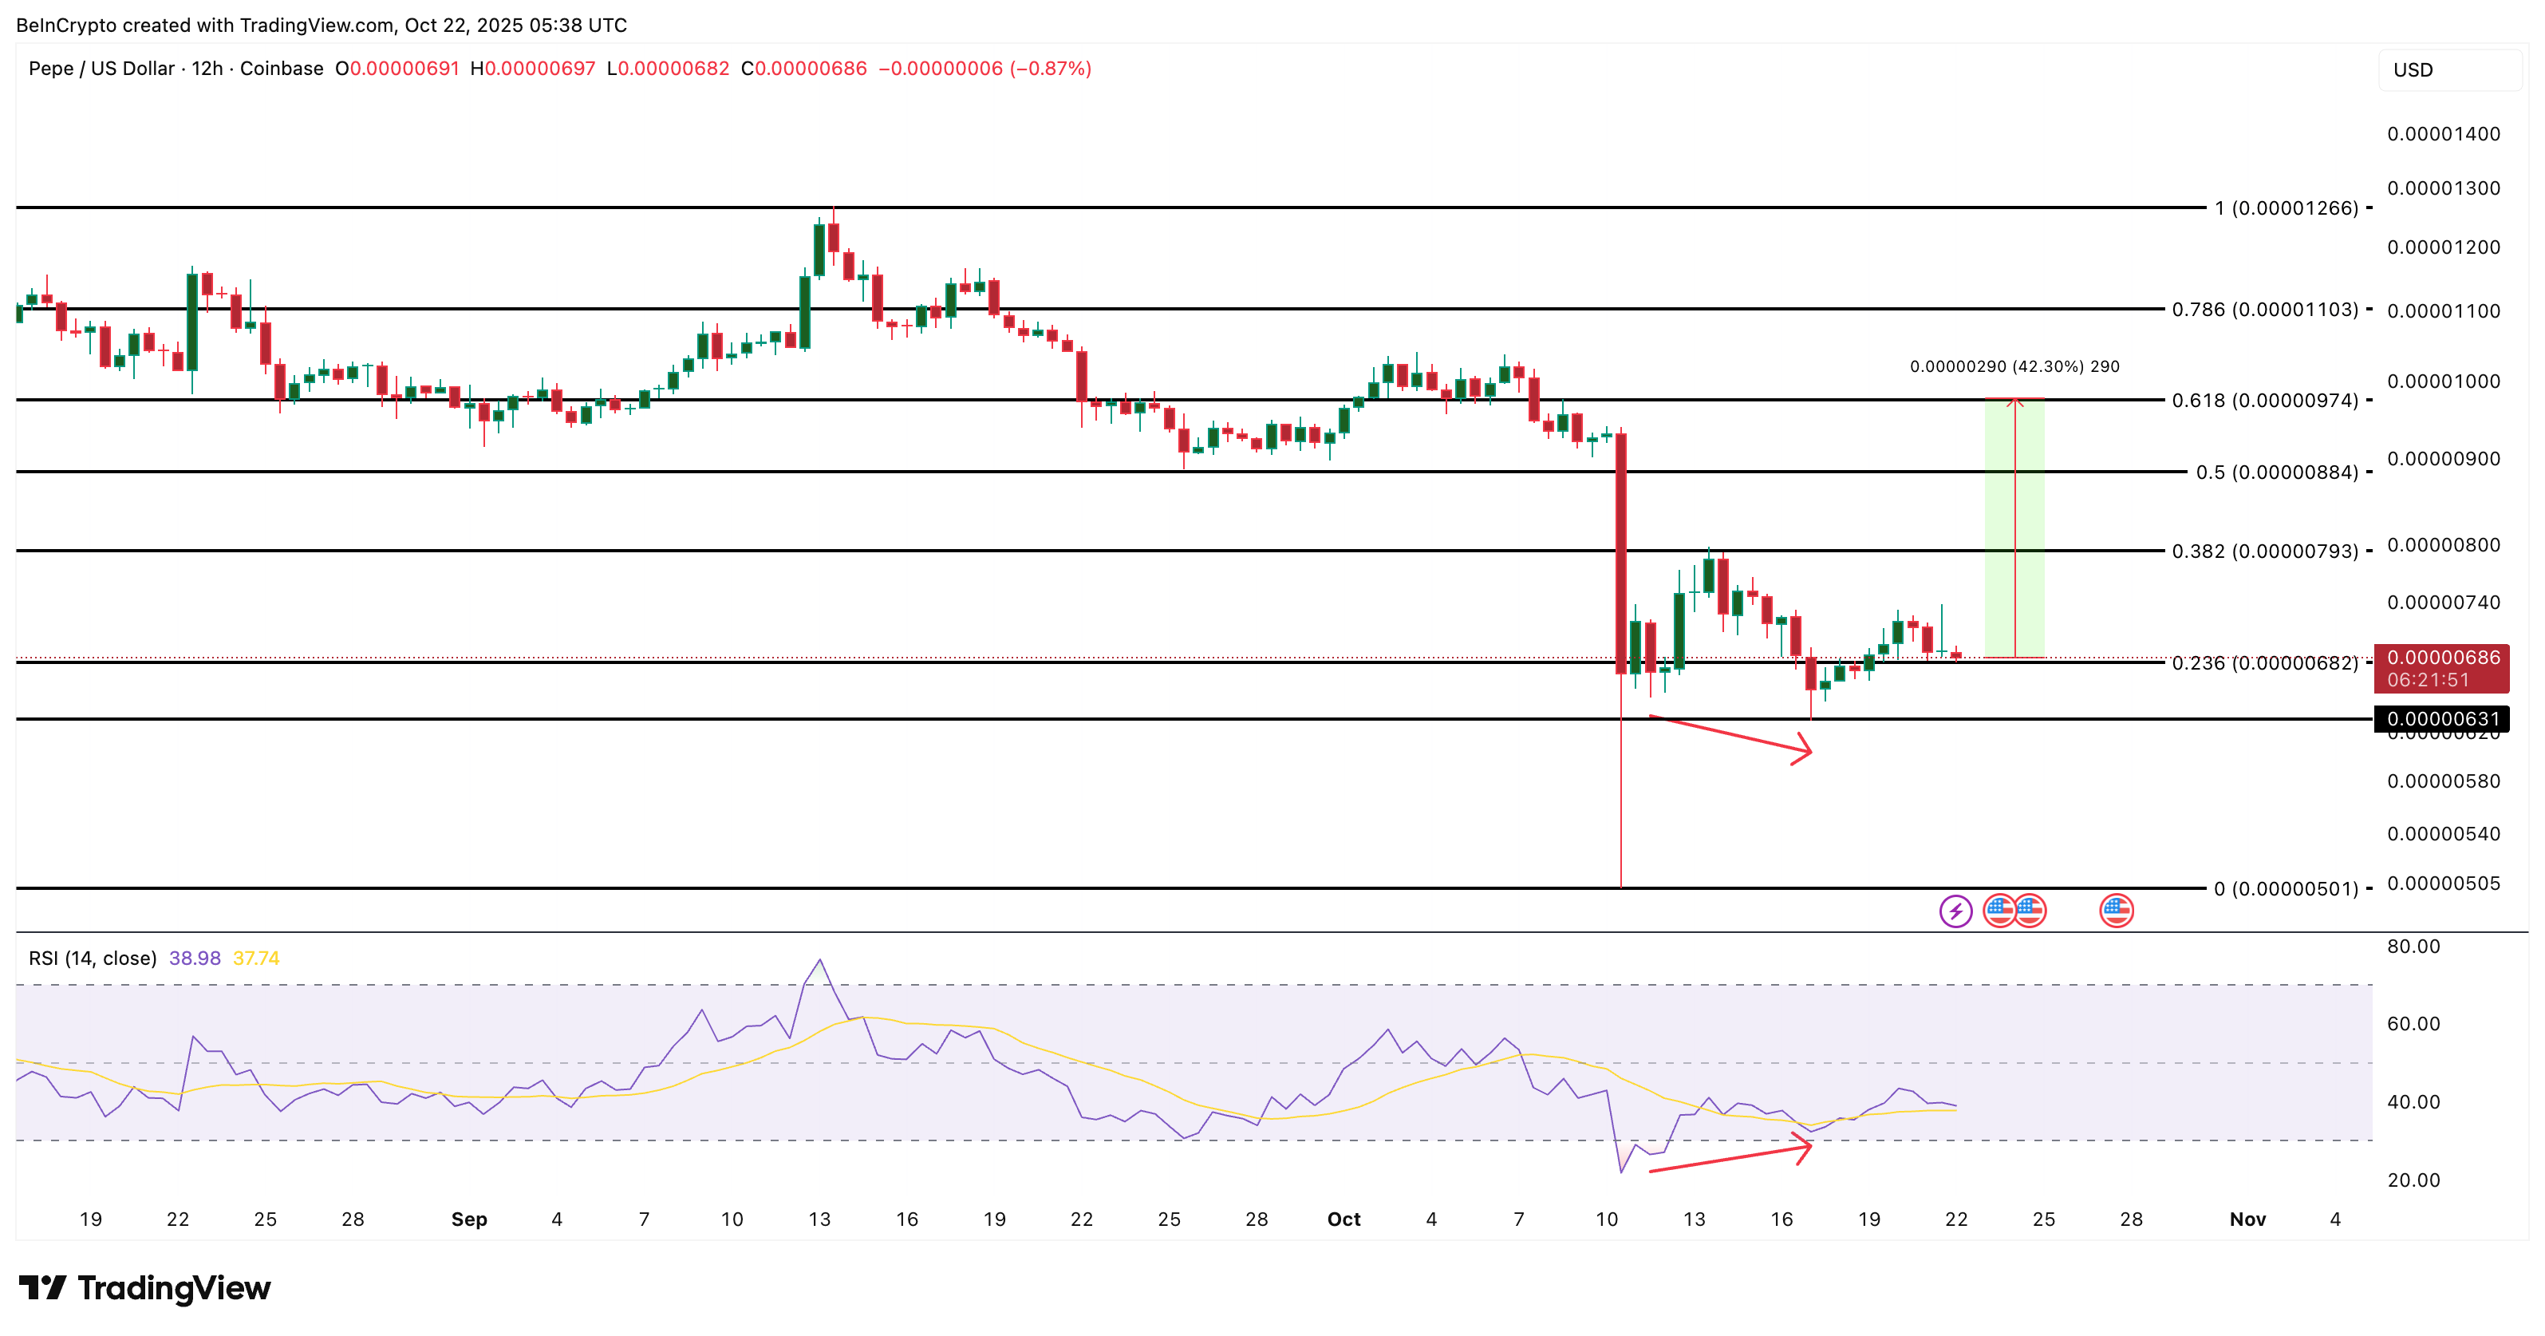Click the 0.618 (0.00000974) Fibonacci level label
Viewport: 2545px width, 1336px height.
(2264, 400)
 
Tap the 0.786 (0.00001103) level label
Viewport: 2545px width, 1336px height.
(2264, 310)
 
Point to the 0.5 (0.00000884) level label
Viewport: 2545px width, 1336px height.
(2276, 472)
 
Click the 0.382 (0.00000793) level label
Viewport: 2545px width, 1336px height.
(2264, 551)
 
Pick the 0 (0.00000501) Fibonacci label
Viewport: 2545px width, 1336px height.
(2285, 889)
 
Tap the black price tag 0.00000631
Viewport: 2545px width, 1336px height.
(2442, 719)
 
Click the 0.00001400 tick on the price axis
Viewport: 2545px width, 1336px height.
(2443, 134)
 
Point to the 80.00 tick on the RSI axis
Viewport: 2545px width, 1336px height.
(2413, 947)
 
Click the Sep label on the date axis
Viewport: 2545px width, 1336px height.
(469, 1219)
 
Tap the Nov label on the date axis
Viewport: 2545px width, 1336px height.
(2247, 1219)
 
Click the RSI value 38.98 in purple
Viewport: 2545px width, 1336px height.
(195, 959)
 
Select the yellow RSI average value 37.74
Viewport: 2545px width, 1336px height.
(256, 959)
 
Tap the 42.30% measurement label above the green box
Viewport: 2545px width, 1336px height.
(2014, 366)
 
